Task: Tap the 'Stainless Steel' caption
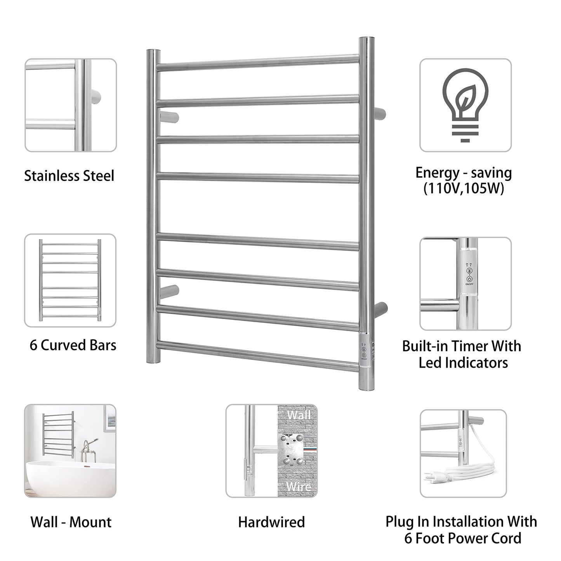click(69, 175)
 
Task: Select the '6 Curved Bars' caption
click(73, 345)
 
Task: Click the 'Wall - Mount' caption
click(71, 522)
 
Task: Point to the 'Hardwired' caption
click(271, 522)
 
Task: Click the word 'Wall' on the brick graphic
click(299, 415)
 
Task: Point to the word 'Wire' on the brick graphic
click(299, 486)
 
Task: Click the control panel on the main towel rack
click(364, 351)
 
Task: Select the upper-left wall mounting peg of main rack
click(168, 116)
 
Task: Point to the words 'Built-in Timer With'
click(461, 346)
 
